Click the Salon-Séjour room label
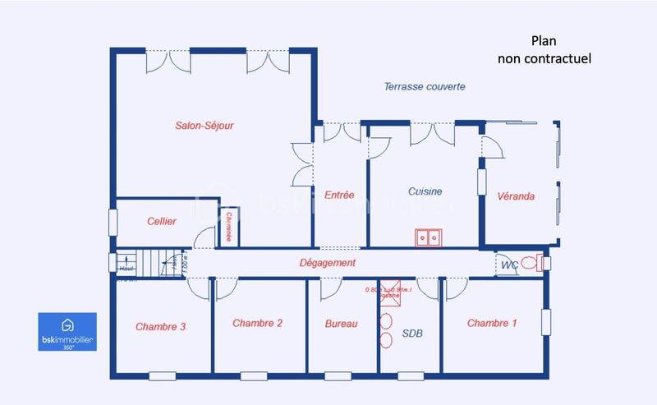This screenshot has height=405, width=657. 204,126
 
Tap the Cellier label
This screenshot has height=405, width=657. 162,222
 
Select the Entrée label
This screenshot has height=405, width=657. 339,196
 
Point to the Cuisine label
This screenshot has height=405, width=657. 425,191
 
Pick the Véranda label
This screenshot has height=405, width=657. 516,196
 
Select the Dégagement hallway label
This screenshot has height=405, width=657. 327,263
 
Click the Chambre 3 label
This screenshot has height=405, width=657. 160,326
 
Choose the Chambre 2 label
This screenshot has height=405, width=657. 258,323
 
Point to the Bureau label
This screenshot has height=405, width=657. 341,324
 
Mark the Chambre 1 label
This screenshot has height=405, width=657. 492,323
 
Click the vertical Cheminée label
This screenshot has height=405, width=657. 228,227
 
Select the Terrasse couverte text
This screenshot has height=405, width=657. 425,86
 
